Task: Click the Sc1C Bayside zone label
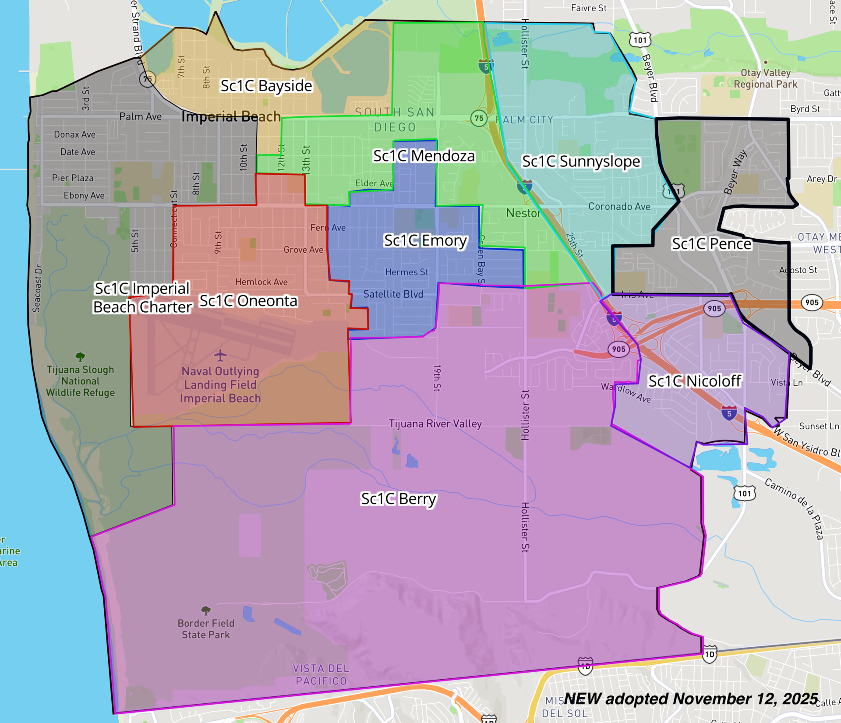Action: pyautogui.click(x=266, y=86)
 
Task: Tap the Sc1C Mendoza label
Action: pyautogui.click(x=424, y=156)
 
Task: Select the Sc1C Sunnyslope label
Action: pyautogui.click(x=581, y=161)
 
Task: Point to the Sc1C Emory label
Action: pyautogui.click(x=425, y=240)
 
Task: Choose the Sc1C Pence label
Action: pyautogui.click(x=711, y=244)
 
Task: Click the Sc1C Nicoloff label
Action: pyautogui.click(x=695, y=381)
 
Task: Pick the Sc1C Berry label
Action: pyautogui.click(x=398, y=499)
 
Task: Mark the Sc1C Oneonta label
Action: pyautogui.click(x=248, y=301)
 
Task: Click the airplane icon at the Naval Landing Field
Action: pyautogui.click(x=220, y=355)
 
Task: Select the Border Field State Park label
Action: pyautogui.click(x=206, y=629)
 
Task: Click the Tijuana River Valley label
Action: pyautogui.click(x=435, y=424)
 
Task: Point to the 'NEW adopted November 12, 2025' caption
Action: pyautogui.click(x=691, y=698)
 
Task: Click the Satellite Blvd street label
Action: pyautogui.click(x=393, y=294)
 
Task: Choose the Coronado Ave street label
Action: pyautogui.click(x=619, y=207)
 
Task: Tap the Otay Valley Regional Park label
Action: pyautogui.click(x=765, y=78)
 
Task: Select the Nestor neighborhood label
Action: pyautogui.click(x=523, y=213)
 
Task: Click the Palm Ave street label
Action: pyautogui.click(x=140, y=116)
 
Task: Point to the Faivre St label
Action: pyautogui.click(x=588, y=8)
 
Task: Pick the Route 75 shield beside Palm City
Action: pyautogui.click(x=479, y=118)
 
